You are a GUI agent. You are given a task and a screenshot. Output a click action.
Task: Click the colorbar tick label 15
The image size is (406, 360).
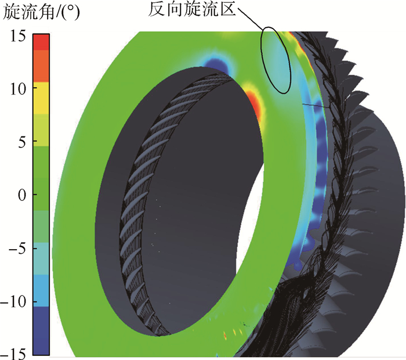point(18,35)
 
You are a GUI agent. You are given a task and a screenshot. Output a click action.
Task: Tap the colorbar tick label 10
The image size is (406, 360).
point(18,89)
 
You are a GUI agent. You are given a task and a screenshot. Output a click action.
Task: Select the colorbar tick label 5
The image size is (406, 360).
point(22,142)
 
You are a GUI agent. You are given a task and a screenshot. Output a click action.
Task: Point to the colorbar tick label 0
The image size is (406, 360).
point(22,195)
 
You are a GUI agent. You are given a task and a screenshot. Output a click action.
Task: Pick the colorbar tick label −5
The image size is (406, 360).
point(17,249)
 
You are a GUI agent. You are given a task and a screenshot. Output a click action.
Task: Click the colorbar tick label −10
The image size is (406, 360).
point(13,302)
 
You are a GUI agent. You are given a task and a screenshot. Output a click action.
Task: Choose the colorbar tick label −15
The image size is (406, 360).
point(13,353)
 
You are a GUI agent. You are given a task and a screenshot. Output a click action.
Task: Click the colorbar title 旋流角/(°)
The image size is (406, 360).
point(41,12)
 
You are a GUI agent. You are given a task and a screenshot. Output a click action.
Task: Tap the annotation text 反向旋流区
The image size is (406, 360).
point(192,10)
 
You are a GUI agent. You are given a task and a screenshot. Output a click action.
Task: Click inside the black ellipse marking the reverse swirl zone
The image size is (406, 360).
point(275,60)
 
